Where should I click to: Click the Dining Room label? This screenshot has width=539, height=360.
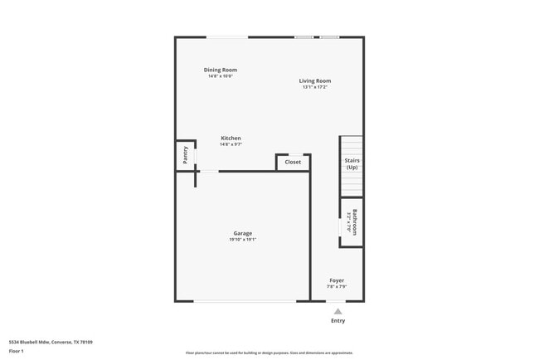coord(221,70)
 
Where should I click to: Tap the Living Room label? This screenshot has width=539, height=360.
coord(315,80)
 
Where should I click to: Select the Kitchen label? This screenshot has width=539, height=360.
coord(231,138)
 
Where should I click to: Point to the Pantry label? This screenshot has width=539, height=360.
coord(186,153)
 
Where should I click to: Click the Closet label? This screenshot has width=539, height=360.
coord(293,162)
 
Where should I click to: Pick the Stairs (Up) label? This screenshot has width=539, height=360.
coord(352,163)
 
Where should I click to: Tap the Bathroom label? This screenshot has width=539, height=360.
coord(355,221)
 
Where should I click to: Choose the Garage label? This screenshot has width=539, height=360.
coord(242,233)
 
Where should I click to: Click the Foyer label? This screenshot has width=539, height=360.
coord(336,280)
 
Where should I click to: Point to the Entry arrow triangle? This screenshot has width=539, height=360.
coord(337,311)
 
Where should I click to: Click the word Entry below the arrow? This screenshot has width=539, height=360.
coord(337,320)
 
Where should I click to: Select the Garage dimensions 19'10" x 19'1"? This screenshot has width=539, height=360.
coord(242,240)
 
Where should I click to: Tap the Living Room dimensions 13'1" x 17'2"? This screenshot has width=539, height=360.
coord(315,87)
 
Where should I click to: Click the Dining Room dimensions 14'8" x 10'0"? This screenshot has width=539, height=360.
coord(221,76)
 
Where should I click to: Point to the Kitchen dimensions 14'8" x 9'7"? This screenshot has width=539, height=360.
coord(231,144)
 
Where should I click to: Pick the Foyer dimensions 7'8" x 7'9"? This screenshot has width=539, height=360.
coord(336,287)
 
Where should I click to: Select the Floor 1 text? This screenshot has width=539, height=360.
coord(17,351)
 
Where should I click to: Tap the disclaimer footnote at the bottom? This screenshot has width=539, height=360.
coord(269,353)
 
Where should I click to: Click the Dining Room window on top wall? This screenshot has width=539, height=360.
coord(226,36)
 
